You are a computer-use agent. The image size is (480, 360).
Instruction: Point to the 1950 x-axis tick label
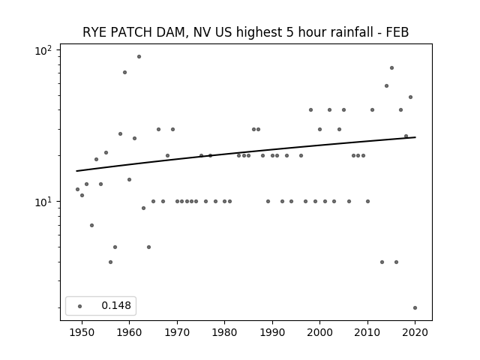(x=82, y=332)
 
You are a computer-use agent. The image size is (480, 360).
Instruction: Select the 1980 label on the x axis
(x=225, y=332)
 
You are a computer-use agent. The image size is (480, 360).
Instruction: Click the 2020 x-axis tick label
(x=415, y=332)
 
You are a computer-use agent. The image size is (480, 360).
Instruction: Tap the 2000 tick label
(x=320, y=332)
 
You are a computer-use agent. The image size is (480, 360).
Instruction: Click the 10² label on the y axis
(x=43, y=50)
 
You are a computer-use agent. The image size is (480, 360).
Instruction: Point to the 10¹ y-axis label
(x=43, y=202)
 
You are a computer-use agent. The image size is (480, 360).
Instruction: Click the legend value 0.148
(x=116, y=305)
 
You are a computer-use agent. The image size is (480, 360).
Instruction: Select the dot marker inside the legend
(x=80, y=306)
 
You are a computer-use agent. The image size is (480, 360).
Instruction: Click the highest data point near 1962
(x=139, y=57)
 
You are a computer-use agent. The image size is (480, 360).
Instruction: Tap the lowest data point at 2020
(x=415, y=308)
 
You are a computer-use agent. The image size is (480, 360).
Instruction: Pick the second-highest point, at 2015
(x=391, y=68)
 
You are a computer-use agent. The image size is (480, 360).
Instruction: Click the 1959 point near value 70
(x=125, y=73)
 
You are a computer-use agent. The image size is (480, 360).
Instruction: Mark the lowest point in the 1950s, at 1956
(x=110, y=262)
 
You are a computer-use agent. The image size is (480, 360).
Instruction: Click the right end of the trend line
(x=415, y=137)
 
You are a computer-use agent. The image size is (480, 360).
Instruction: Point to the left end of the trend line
(x=76, y=171)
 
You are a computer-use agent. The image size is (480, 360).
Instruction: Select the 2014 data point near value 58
(x=387, y=86)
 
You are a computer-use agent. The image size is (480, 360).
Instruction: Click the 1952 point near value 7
(x=91, y=225)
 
